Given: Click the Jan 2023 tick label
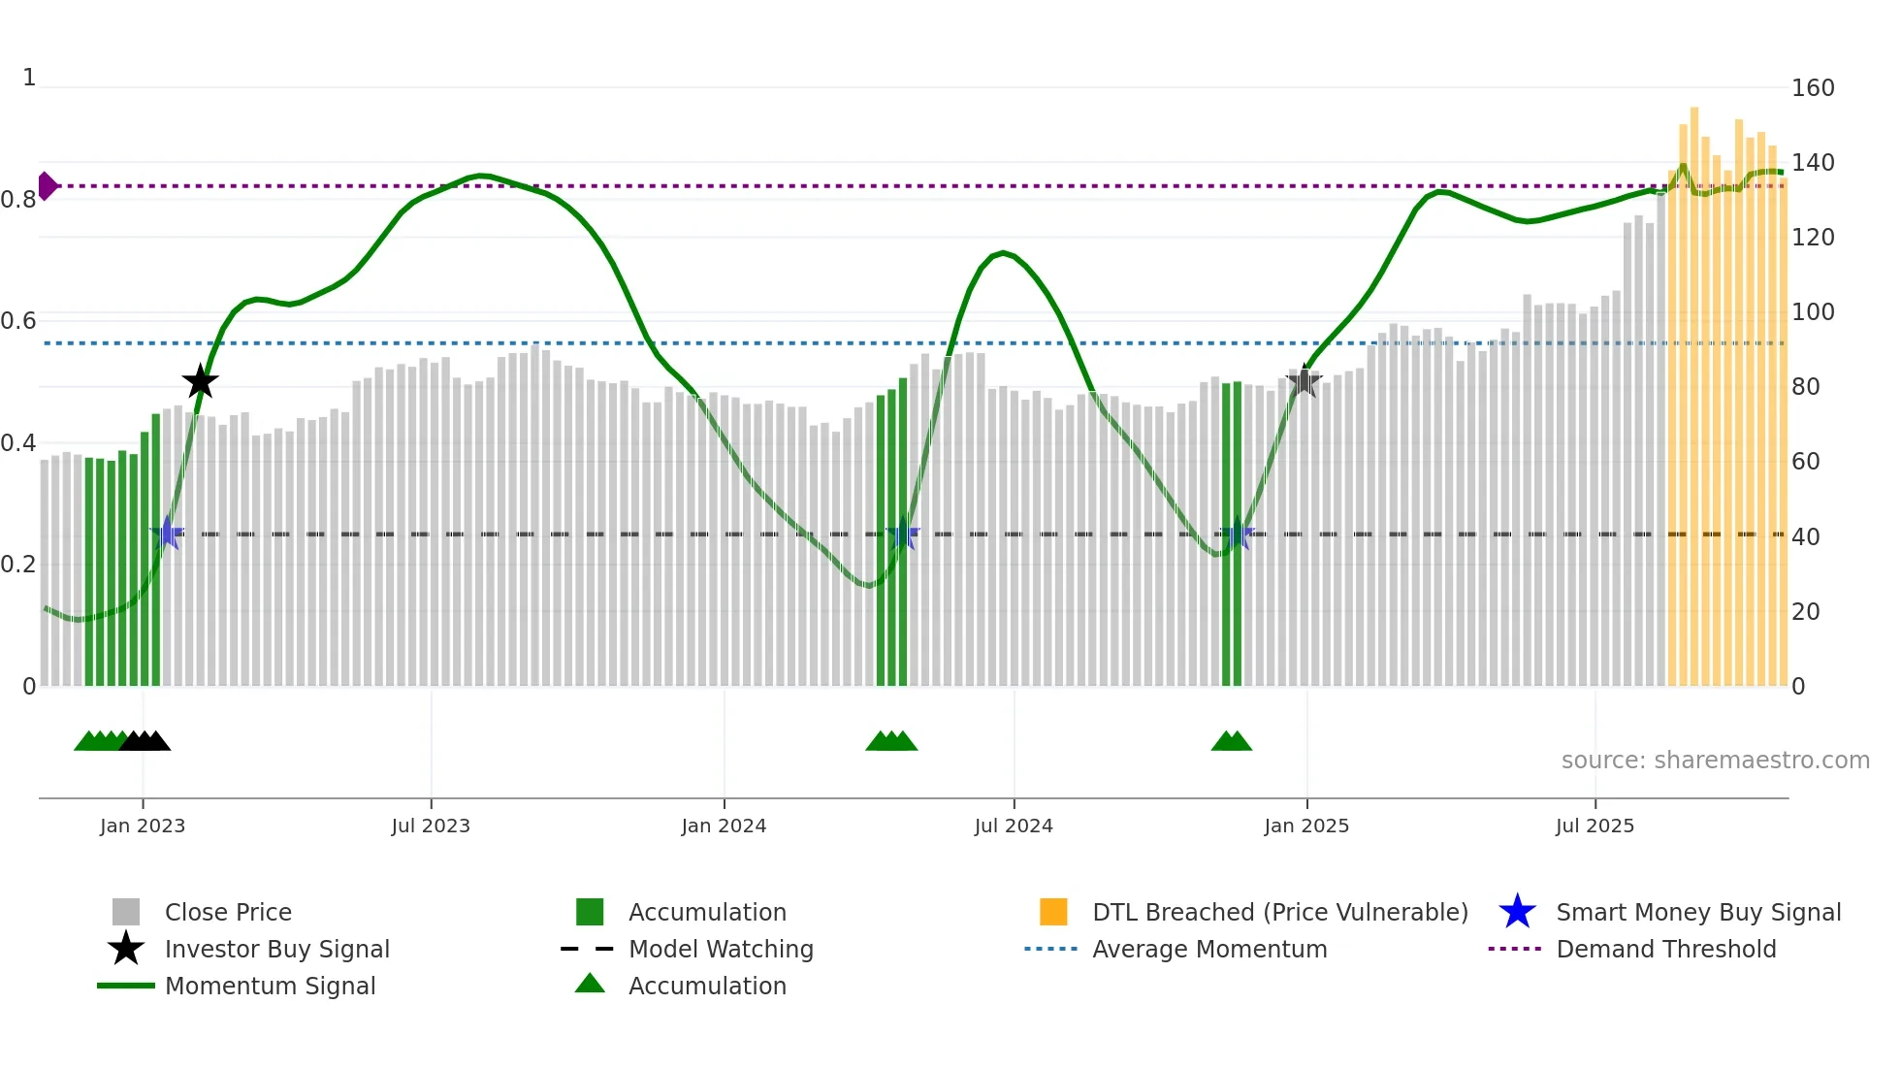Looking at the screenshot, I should tap(143, 826).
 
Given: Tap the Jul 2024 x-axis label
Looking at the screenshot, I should tap(1014, 826).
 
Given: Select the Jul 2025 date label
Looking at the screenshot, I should tap(1595, 826).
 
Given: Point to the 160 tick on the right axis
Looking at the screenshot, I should tap(1813, 88).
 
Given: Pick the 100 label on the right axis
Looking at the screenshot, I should tap(1813, 312).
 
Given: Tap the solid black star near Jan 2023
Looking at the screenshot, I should tap(201, 382).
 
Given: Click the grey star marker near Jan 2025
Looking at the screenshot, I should tap(1305, 381).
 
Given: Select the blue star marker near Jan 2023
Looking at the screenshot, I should tap(167, 534).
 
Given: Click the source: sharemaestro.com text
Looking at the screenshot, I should tap(1715, 761).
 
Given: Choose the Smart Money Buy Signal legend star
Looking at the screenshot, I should tap(1517, 912).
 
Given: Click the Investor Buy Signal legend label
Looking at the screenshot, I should tap(277, 949).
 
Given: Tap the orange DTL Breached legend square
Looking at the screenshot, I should tap(1053, 912).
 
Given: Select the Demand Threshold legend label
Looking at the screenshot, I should tap(1666, 949).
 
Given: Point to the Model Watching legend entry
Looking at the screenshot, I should tap(721, 949).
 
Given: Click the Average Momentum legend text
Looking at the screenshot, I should tap(1209, 949).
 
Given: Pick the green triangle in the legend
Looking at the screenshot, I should tap(590, 984).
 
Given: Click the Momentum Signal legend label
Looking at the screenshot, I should tap(271, 986).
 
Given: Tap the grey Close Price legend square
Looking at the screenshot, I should tap(126, 912).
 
